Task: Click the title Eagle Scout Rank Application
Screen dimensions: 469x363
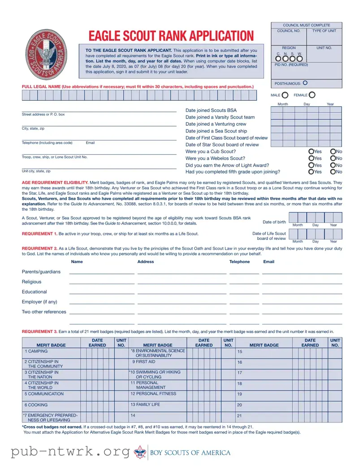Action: [171, 36]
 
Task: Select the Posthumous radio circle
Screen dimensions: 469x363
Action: [305, 83]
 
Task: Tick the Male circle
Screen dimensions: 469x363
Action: [285, 95]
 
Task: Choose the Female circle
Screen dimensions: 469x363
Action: [312, 95]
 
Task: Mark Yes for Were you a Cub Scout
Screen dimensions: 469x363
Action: [311, 152]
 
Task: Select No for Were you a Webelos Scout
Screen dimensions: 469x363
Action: [333, 158]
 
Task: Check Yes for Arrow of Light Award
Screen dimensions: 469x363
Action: [311, 165]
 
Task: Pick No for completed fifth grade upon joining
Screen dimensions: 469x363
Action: [333, 172]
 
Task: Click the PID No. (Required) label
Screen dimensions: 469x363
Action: [291, 65]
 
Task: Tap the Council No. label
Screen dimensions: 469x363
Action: [289, 31]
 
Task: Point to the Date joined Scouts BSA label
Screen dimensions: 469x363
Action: [211, 111]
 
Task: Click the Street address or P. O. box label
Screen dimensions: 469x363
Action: [43, 115]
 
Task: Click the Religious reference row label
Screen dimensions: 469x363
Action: [31, 282]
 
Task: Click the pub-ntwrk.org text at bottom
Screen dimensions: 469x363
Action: [71, 452]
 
